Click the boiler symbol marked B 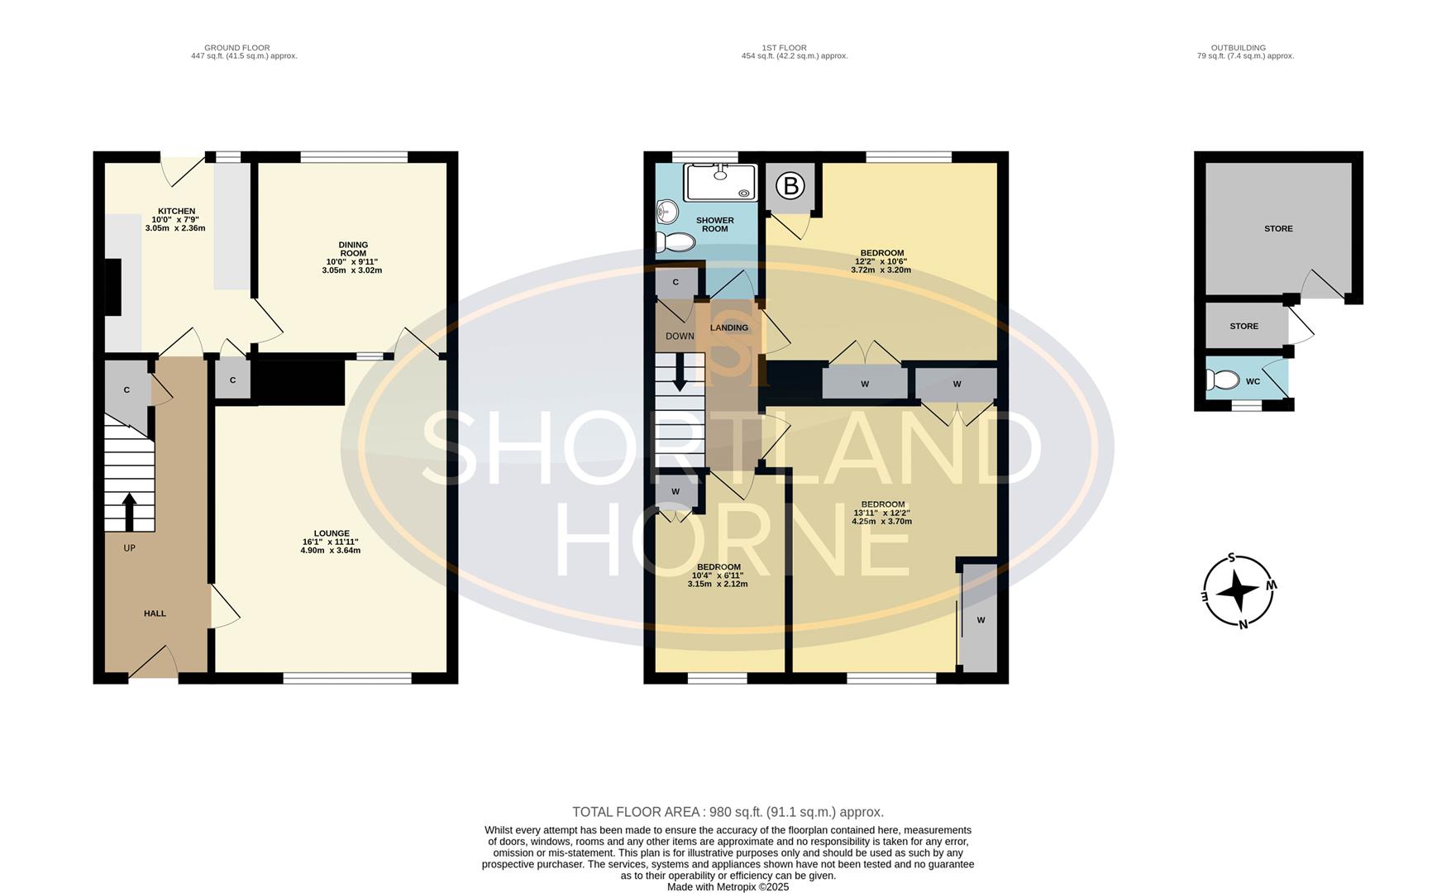pyautogui.click(x=790, y=186)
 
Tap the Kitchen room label pyautogui.click(x=176, y=212)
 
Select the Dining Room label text pyautogui.click(x=353, y=249)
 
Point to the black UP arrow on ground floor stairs pyautogui.click(x=129, y=512)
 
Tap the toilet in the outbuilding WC pyautogui.click(x=1222, y=380)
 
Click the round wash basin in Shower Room pyautogui.click(x=666, y=213)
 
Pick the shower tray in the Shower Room pyautogui.click(x=720, y=182)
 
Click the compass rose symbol pyautogui.click(x=1238, y=590)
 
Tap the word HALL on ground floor pyautogui.click(x=155, y=614)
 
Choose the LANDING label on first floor pyautogui.click(x=728, y=328)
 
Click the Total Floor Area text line pyautogui.click(x=728, y=812)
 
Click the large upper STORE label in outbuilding pyautogui.click(x=1277, y=229)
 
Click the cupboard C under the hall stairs pyautogui.click(x=127, y=390)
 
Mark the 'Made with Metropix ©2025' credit pyautogui.click(x=728, y=886)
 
